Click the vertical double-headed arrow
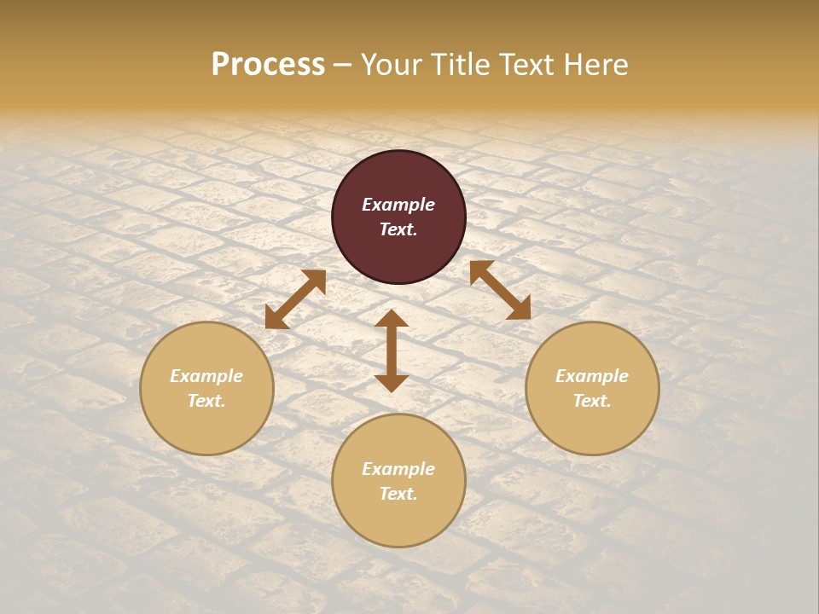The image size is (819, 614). [x=392, y=350]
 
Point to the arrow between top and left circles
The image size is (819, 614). [x=295, y=299]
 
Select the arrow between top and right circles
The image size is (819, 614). [x=500, y=290]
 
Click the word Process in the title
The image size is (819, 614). [x=268, y=65]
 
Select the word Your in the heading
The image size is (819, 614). [x=389, y=65]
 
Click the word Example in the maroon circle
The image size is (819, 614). [x=398, y=205]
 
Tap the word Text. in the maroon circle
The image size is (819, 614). [x=398, y=229]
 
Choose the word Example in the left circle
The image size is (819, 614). [x=206, y=376]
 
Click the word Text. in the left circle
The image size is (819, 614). [x=206, y=401]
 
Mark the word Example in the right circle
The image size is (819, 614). [x=592, y=376]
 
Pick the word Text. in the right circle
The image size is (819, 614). [x=592, y=401]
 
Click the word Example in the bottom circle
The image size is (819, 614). [x=398, y=469]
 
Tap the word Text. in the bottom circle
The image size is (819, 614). [x=398, y=494]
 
